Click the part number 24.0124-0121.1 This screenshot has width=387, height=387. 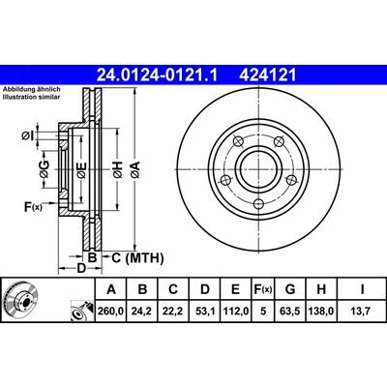[158, 75]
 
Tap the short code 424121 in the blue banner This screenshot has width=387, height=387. [267, 75]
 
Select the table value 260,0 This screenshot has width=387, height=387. [111, 312]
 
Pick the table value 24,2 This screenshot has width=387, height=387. [142, 312]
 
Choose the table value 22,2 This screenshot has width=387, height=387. [173, 312]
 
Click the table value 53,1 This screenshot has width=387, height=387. [205, 312]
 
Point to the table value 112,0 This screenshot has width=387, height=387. [236, 312]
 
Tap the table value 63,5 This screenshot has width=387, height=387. [290, 312]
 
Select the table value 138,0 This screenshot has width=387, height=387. [321, 312]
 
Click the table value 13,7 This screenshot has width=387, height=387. [362, 312]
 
